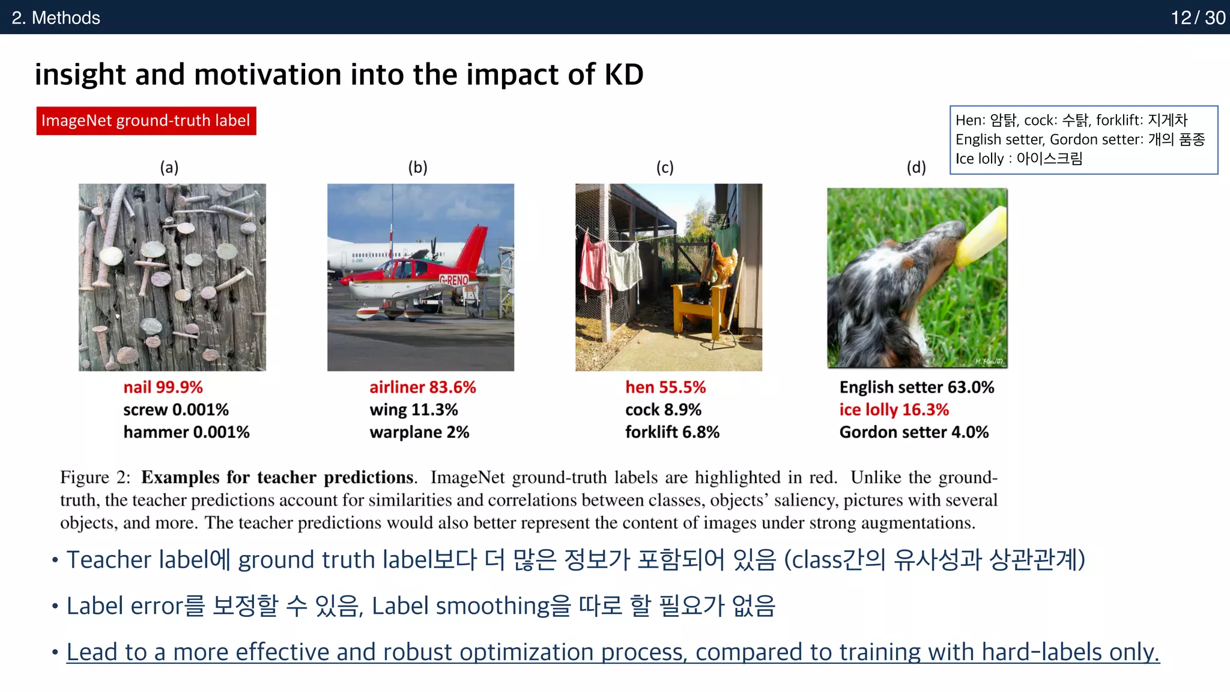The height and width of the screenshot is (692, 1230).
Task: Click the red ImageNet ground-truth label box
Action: tap(146, 121)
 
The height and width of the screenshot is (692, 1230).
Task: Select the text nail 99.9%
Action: tap(163, 387)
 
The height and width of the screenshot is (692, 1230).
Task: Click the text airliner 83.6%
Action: tap(422, 387)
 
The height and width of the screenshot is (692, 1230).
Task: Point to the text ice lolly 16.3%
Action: tap(894, 410)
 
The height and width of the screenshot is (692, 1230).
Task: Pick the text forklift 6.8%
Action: tap(672, 432)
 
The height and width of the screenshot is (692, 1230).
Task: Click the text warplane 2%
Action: tap(419, 432)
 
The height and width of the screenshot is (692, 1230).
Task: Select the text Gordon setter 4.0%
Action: tap(913, 432)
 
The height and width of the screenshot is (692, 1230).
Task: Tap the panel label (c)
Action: tap(664, 168)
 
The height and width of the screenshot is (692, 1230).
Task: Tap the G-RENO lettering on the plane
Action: tap(454, 280)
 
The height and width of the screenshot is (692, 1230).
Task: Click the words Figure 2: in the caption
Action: tap(95, 478)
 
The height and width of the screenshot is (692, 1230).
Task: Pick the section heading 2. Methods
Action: tap(56, 17)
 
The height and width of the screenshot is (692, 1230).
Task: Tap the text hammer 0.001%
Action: tap(186, 432)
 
